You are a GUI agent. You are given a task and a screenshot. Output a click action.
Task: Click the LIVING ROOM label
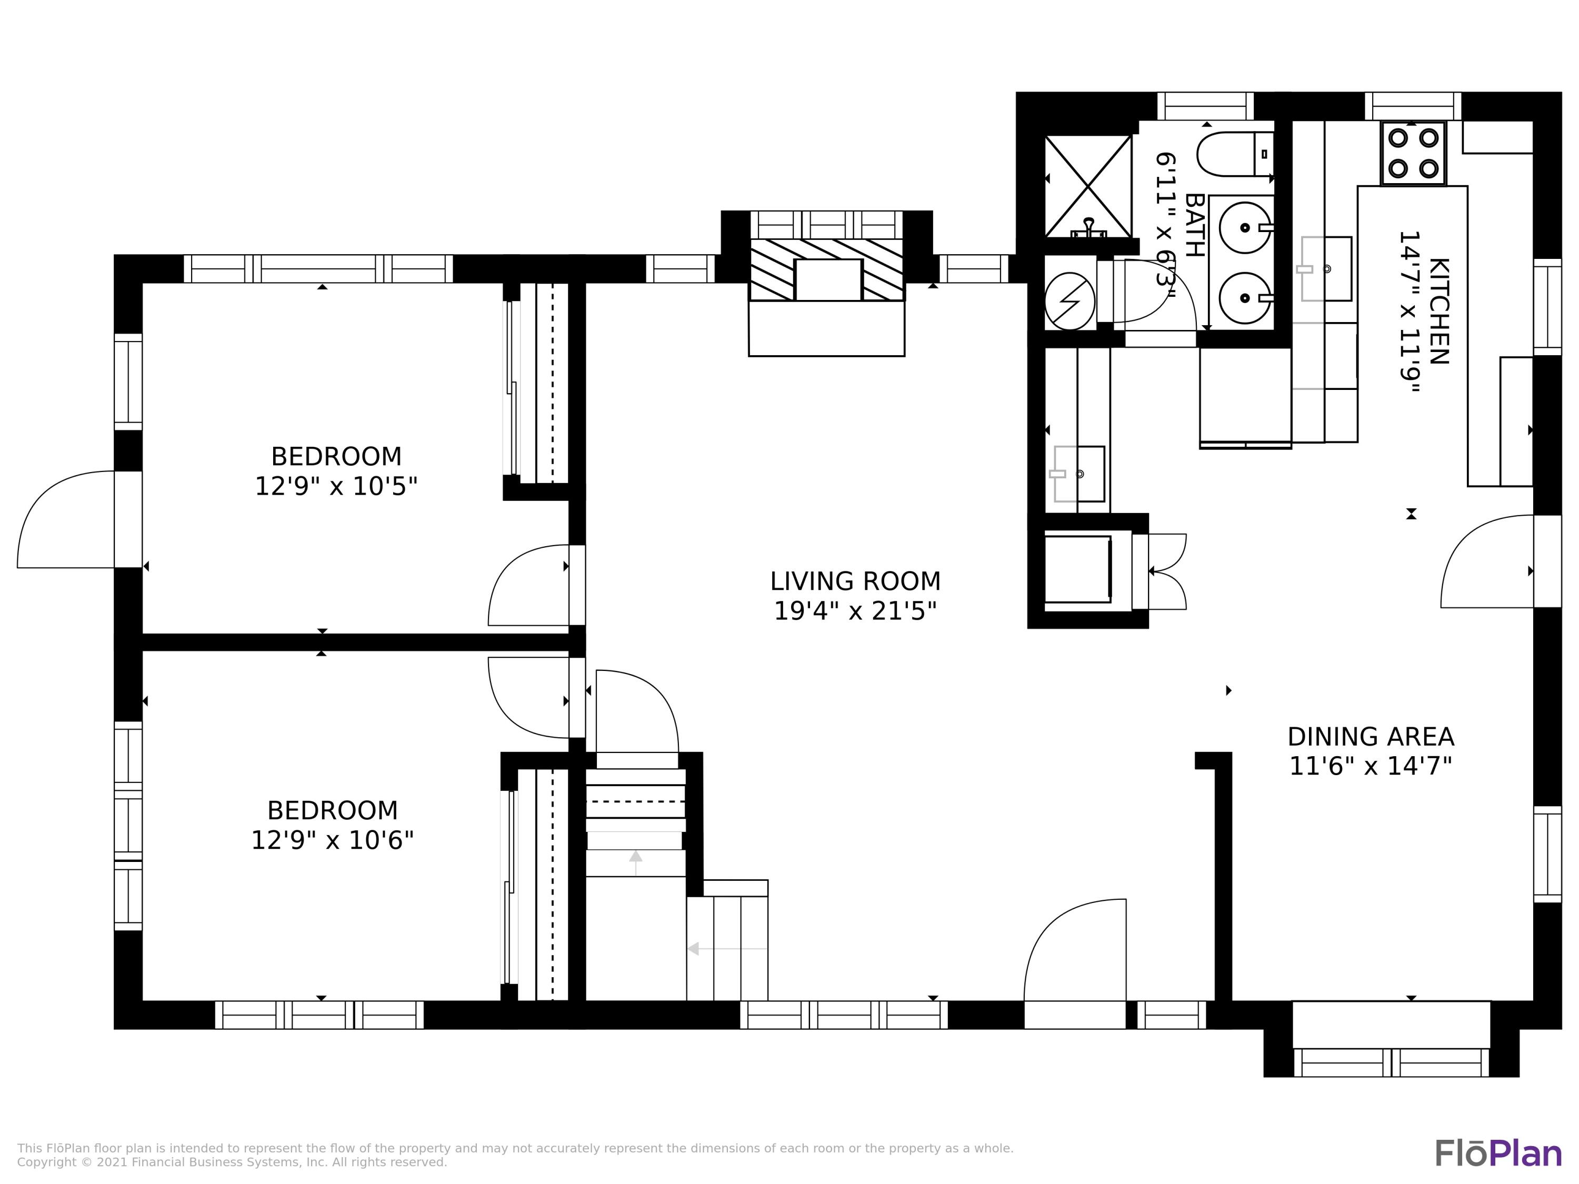pos(855,581)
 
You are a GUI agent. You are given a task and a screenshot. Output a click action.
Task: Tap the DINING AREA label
pos(1371,737)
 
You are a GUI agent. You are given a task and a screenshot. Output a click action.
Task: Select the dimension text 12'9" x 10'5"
pos(336,487)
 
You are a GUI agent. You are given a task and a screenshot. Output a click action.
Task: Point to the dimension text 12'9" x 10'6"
pos(333,841)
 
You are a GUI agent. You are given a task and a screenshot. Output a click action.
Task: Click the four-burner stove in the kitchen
pos(1413,154)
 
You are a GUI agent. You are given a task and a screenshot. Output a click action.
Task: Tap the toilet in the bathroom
pos(1235,154)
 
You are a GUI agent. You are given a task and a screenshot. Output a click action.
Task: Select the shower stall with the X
pos(1088,186)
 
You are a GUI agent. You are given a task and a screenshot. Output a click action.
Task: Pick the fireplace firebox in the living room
pos(828,280)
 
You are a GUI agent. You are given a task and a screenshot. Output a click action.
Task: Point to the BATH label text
pos(1195,225)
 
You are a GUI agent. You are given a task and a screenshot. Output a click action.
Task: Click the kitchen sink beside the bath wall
pos(1326,269)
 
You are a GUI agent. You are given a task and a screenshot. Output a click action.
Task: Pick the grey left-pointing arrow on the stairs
pos(727,948)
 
